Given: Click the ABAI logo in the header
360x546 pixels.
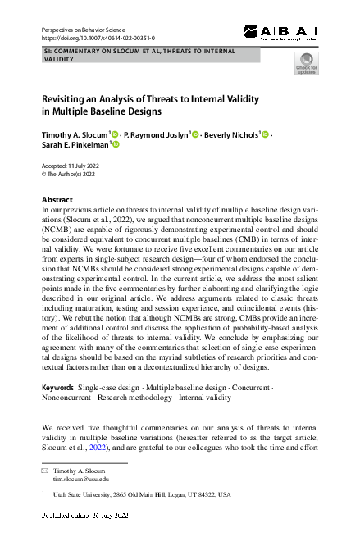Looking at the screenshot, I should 282,32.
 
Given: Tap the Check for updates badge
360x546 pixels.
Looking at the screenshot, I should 306,63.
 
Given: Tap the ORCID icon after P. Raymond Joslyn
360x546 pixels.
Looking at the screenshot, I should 195,134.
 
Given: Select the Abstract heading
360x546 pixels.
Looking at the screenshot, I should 57,200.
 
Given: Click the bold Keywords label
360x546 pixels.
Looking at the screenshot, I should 57,386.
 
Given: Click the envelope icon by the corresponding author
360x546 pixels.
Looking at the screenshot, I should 45,472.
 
